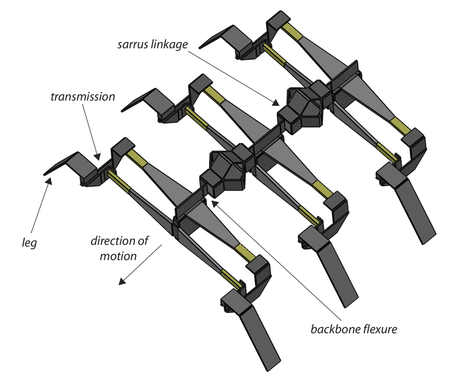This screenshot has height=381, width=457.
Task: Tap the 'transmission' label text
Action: [x=83, y=97]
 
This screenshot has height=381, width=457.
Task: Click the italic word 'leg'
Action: [x=29, y=243]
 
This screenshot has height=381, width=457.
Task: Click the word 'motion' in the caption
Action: [x=118, y=256]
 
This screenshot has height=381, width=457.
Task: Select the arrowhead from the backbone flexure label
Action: [x=213, y=203]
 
